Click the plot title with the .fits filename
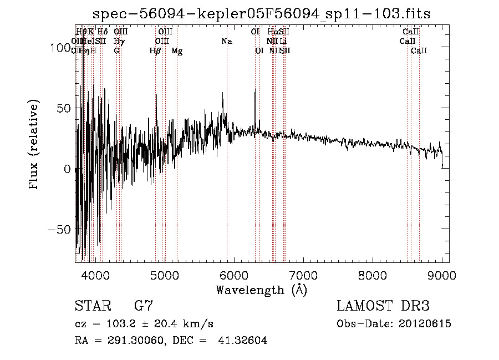coord(261,14)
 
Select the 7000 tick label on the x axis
coord(303,276)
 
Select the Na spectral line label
coord(226,41)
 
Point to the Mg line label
coord(177,51)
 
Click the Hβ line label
coord(155,51)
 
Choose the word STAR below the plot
coord(92,306)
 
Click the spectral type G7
coord(144,306)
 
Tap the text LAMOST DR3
coord(383,306)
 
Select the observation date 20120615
coord(425,324)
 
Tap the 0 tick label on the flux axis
coord(67,169)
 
